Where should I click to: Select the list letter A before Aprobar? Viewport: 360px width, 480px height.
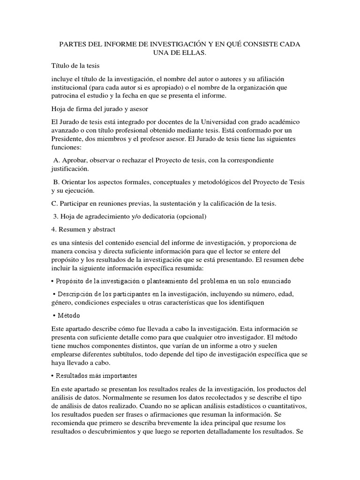[56, 160]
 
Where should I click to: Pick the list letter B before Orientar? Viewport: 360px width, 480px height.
[56, 182]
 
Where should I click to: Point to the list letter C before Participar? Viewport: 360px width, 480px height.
[54, 203]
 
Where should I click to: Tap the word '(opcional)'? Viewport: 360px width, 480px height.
[189, 217]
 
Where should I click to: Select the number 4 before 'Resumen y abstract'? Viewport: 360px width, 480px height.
[53, 230]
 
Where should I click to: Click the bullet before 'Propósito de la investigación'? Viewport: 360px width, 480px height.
[53, 281]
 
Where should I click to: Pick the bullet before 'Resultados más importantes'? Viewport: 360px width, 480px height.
[53, 376]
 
